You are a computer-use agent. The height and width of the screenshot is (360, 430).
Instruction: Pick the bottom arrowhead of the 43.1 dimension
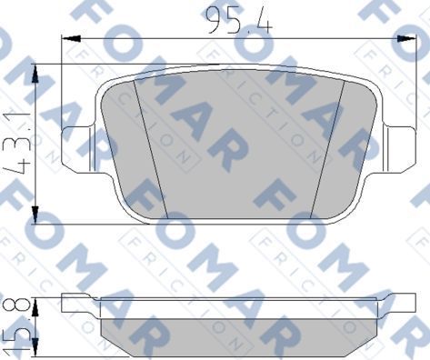pos(35,217)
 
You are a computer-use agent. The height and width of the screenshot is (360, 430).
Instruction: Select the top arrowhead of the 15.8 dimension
pos(35,301)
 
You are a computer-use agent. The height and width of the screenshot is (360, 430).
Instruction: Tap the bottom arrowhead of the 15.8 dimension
pos(35,350)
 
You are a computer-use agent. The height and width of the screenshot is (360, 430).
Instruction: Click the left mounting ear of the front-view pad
pos(77,145)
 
